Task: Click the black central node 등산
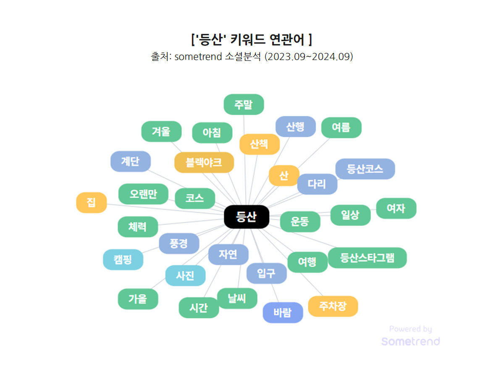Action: [246, 217]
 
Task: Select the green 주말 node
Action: [244, 105]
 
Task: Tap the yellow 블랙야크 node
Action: [204, 162]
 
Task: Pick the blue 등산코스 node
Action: [365, 169]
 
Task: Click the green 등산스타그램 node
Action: [367, 258]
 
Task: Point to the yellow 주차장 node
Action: [333, 306]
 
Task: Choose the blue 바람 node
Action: [283, 313]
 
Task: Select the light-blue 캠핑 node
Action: [123, 259]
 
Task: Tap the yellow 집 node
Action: [91, 202]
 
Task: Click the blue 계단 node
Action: [130, 161]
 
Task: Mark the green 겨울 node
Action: [161, 131]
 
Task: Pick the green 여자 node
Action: [396, 208]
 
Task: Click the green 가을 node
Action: [138, 299]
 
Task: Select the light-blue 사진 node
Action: [185, 276]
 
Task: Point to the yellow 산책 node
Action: [259, 144]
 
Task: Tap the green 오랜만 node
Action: [143, 194]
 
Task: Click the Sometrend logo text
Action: [410, 341]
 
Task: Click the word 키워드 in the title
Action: [247, 40]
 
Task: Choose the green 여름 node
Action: [341, 128]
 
